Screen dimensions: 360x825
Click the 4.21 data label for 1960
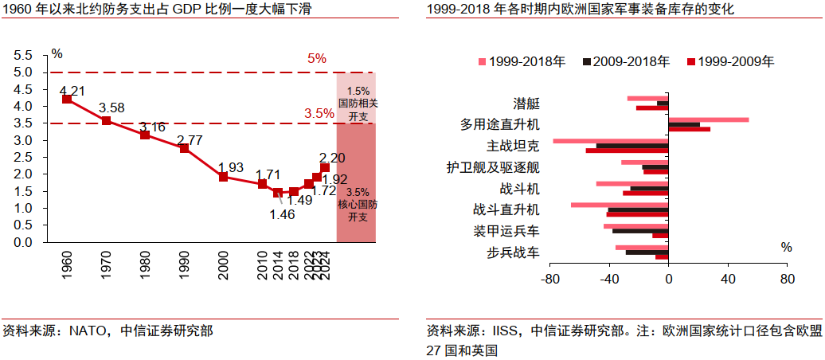72,90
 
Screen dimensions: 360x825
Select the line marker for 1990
184,148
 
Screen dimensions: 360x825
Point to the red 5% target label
317,58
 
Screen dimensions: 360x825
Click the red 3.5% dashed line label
319,114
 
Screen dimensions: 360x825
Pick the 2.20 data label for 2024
331,158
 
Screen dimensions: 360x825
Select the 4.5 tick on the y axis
23,89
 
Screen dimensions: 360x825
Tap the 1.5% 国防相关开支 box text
358,104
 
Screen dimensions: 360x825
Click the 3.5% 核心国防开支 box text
358,205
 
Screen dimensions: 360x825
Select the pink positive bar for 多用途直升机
708,119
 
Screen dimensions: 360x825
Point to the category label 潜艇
526,104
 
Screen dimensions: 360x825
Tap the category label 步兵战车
513,252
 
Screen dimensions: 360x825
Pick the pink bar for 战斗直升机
619,205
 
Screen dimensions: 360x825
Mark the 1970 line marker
106,120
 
